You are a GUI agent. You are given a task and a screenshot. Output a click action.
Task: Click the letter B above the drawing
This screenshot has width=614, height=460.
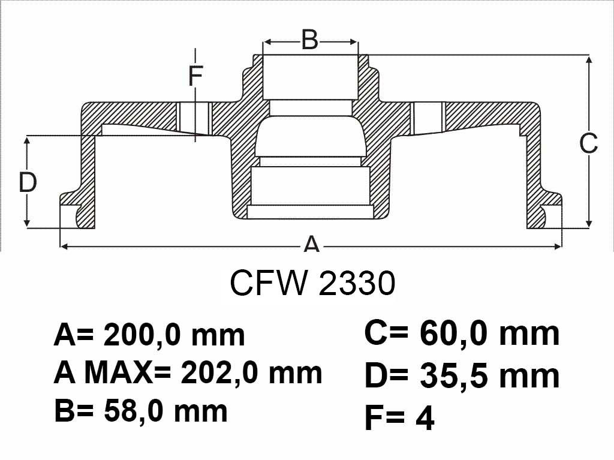(310, 40)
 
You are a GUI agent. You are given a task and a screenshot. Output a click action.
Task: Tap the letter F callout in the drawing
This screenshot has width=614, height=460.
(195, 76)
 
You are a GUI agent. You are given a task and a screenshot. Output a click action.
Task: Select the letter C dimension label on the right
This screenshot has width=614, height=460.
(589, 143)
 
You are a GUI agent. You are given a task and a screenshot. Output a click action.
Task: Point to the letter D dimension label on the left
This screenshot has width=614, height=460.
(28, 182)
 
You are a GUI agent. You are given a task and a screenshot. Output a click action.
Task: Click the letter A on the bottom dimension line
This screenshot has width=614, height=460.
(312, 245)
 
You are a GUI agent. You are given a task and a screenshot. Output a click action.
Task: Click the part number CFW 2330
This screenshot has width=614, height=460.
(312, 283)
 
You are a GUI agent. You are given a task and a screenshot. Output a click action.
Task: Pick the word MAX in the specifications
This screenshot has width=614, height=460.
(118, 372)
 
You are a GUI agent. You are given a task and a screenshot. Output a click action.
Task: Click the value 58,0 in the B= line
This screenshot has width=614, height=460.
(133, 411)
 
